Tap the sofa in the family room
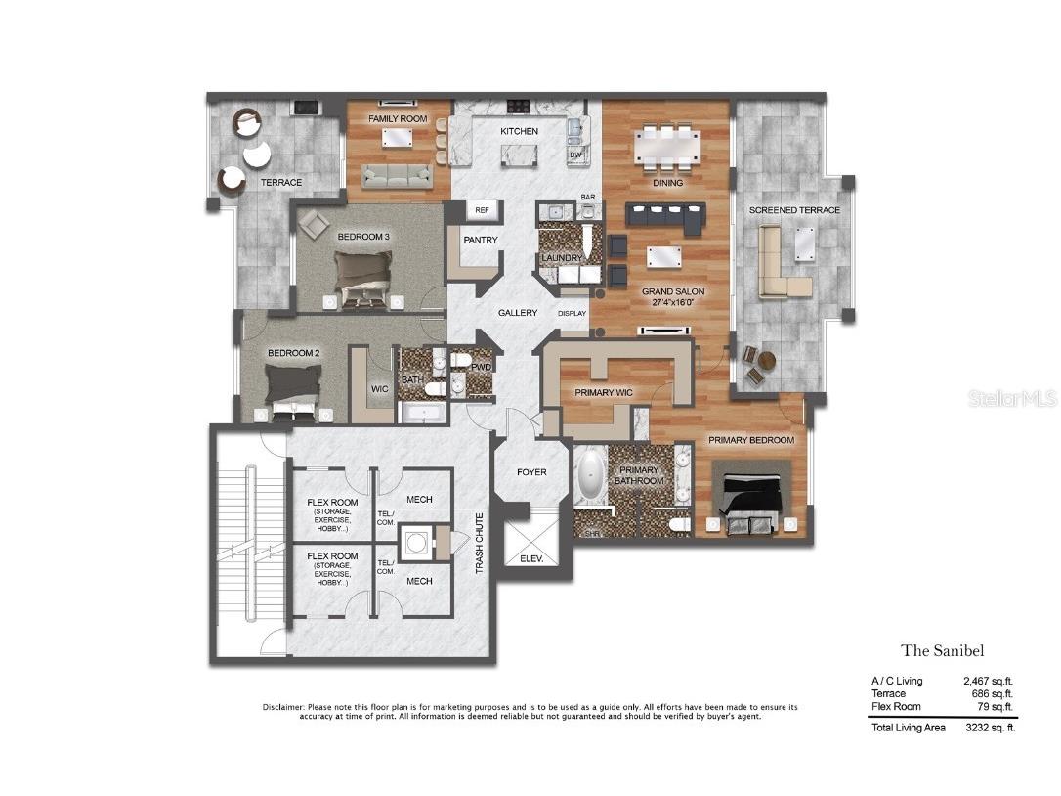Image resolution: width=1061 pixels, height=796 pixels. pos(396,175)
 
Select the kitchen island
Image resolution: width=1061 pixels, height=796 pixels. pos(520,155)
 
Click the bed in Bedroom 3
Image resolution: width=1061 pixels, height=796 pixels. pos(362,273)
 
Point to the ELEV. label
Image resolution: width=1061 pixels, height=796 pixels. pos(532,560)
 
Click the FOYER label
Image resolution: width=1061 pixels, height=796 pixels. pos(531,472)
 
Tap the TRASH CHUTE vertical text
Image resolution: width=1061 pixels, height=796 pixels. pos(479,543)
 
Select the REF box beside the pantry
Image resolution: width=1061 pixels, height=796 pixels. pos(482,210)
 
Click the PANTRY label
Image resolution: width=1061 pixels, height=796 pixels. pos(481,240)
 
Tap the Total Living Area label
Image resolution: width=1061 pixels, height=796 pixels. pos(908,728)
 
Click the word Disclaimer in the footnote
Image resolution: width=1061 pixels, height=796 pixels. pos(283,707)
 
